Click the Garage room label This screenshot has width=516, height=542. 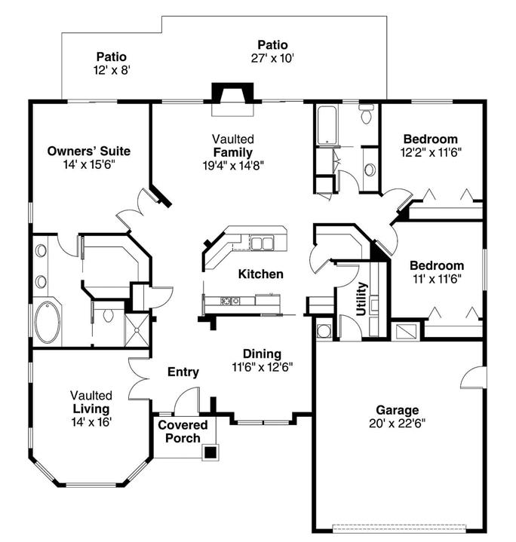point(398,410)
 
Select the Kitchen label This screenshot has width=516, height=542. point(261,274)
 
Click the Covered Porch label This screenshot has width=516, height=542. point(179,431)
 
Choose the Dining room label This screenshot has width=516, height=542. point(262,354)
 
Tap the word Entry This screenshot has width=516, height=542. point(183,372)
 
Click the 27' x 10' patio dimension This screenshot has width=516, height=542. point(272,58)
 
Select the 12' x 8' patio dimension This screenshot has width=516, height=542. point(111,69)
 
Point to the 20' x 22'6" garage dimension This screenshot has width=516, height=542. point(398,423)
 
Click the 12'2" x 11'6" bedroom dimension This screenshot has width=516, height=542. point(429,151)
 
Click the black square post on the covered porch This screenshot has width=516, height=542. point(211,452)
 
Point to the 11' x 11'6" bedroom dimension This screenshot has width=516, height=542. point(436,278)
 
